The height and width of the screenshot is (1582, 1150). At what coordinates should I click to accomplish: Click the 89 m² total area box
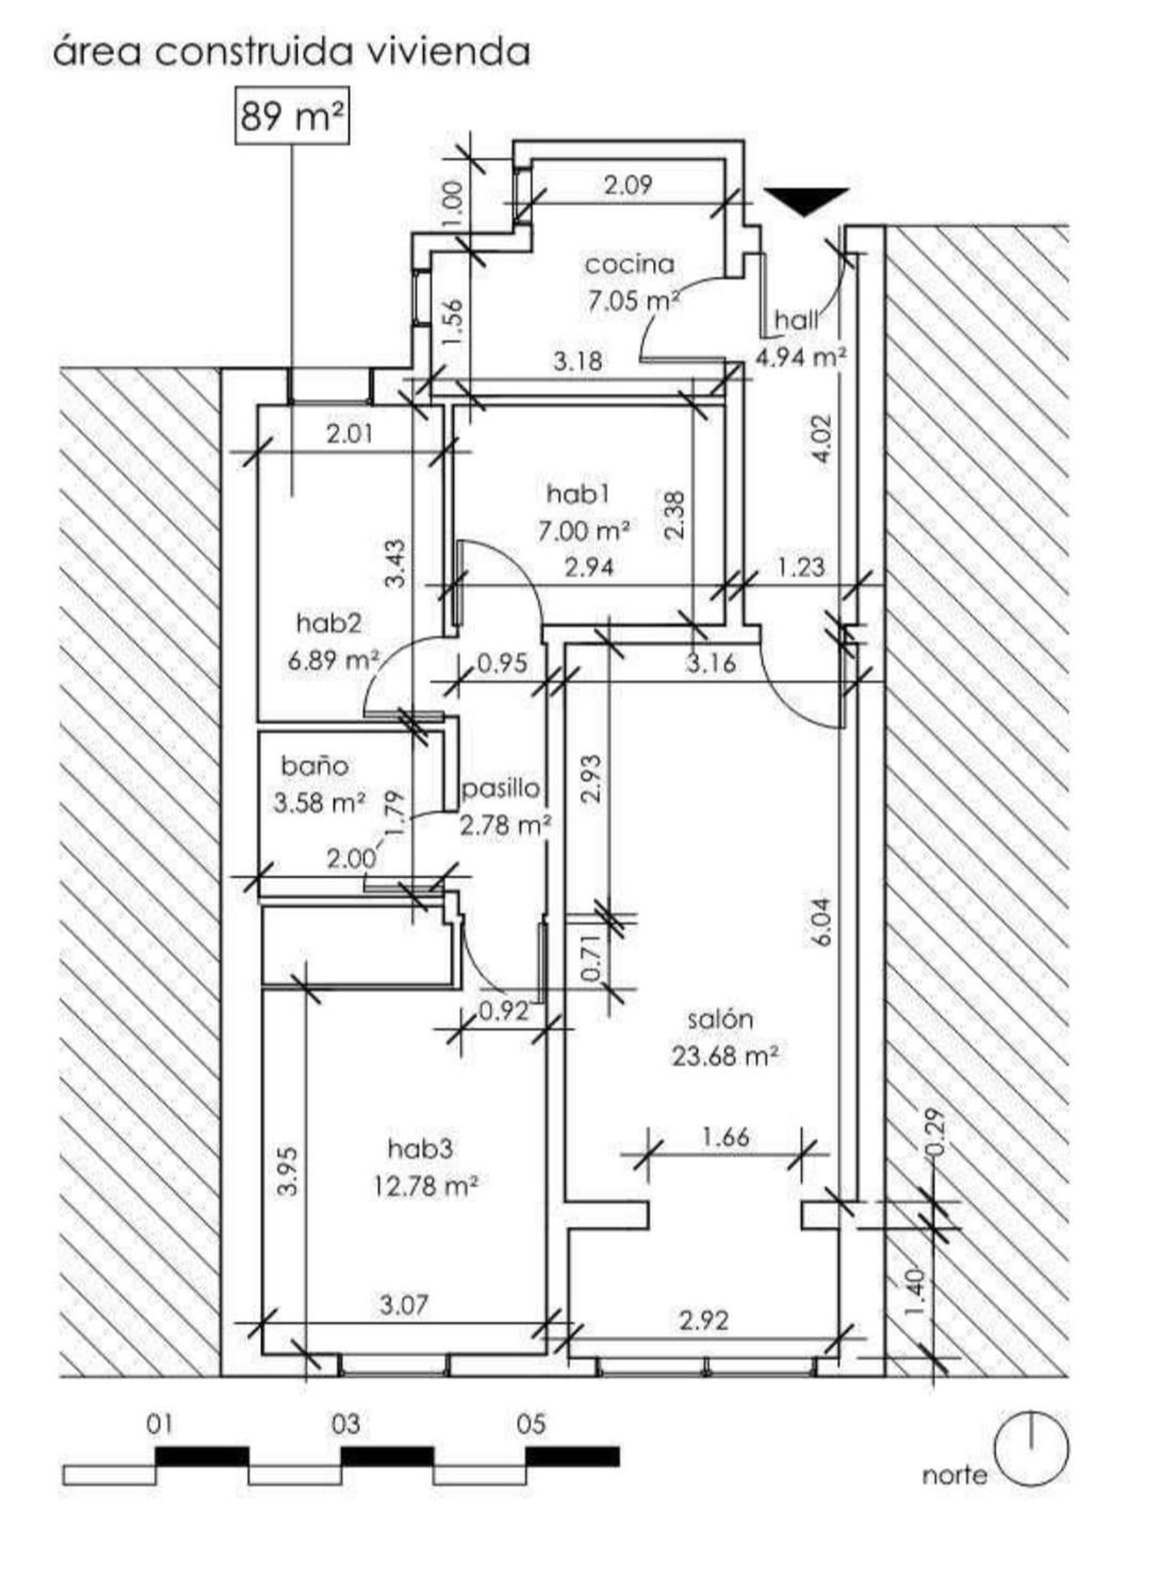point(291,116)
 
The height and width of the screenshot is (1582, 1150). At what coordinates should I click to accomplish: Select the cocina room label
point(630,265)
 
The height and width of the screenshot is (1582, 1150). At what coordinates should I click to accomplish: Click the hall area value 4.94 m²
point(801,356)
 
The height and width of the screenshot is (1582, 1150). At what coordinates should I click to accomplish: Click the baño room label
point(315,765)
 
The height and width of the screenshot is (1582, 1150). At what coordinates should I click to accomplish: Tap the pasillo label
point(501,788)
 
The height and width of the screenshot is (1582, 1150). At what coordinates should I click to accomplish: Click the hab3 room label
point(421,1148)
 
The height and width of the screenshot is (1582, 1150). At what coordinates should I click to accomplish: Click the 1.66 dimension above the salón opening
point(725,1136)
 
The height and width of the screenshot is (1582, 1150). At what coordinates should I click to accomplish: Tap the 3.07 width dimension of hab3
point(404,1304)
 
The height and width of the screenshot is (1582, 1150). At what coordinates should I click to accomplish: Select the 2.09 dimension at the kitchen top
point(628,185)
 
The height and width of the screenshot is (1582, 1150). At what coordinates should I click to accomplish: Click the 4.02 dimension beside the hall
point(821,439)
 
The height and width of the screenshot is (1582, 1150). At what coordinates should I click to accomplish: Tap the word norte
point(955,1475)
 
